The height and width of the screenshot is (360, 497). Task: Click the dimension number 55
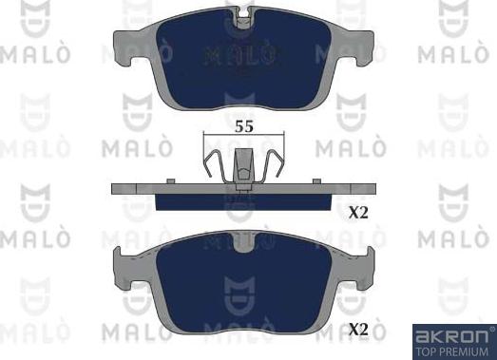[x=244, y=126]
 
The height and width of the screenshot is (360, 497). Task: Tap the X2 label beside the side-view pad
[x=358, y=213]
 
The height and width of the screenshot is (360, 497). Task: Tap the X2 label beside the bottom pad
[x=358, y=330]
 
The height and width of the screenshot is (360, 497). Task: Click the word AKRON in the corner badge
[x=452, y=336]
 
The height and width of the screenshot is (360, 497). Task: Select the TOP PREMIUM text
[x=452, y=351]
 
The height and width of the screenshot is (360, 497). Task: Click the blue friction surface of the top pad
[x=244, y=60]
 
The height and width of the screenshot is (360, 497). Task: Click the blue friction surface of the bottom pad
[x=244, y=282]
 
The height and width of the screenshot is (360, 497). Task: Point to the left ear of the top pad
[x=126, y=47]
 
